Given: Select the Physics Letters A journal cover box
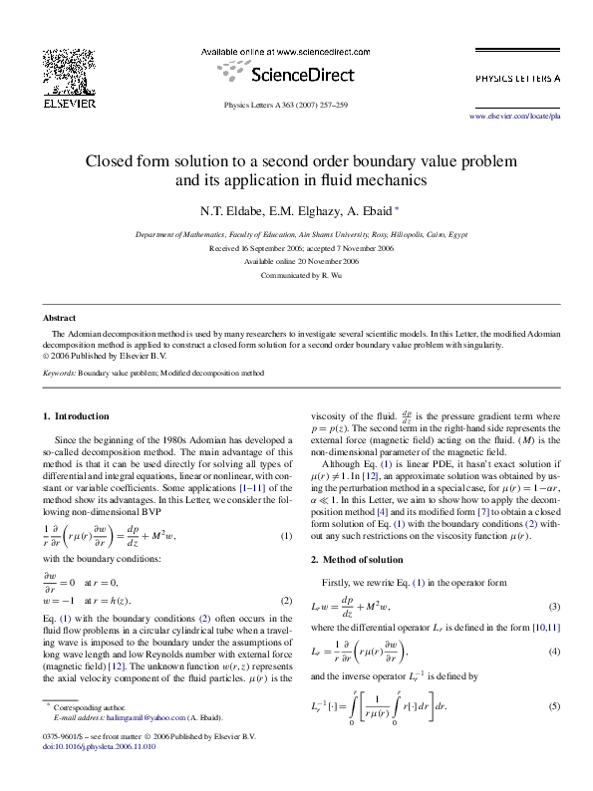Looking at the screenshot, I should [x=516, y=76].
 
